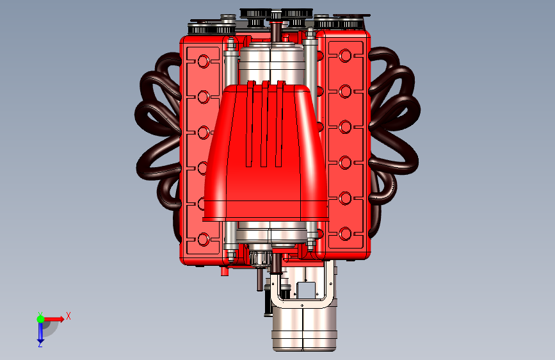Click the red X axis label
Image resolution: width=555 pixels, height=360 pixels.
click(68, 316)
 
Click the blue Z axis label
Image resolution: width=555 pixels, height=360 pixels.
click(40, 344)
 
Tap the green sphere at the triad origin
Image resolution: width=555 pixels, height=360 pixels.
click(41, 319)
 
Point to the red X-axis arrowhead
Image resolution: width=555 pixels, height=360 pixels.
click(61, 319)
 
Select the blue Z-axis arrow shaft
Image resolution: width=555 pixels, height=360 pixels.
click(40, 331)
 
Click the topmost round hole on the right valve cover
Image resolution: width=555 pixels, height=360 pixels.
click(345, 56)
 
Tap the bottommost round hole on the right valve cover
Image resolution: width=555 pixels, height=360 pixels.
click(345, 234)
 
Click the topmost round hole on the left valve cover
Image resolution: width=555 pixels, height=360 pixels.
click(204, 61)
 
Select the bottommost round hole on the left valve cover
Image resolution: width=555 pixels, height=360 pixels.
click(204, 240)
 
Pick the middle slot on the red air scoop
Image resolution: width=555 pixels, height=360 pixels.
click(264, 124)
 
